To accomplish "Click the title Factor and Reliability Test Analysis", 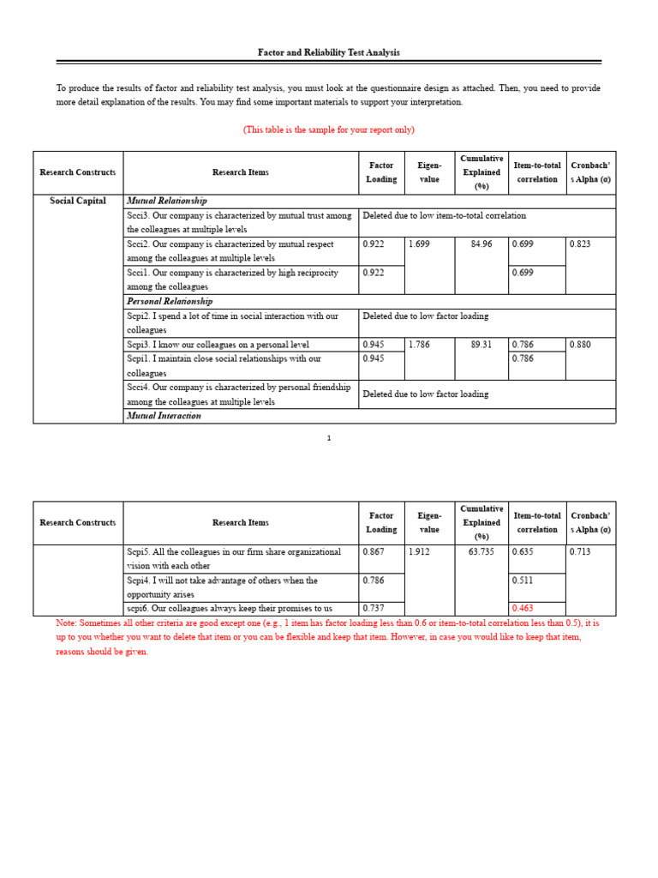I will tap(329, 53).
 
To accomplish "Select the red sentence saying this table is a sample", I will tap(329, 129).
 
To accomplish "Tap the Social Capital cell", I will tap(78, 201).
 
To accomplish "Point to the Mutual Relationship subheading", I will tap(167, 201).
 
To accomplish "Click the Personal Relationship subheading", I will tap(170, 302).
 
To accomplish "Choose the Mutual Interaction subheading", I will tap(164, 416).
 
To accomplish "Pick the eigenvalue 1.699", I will tap(420, 244).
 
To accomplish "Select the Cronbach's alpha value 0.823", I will tap(581, 244).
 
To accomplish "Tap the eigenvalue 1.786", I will tap(420, 345).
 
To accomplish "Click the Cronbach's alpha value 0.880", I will tap(581, 345).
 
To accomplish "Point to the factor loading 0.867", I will tap(374, 552).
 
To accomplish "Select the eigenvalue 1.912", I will tap(420, 552).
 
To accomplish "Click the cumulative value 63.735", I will tap(482, 552).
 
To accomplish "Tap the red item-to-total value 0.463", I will tap(523, 609).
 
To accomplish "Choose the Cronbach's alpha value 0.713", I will tap(581, 552).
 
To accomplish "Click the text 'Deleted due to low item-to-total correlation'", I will tap(444, 216).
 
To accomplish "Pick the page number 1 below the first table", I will tap(329, 438).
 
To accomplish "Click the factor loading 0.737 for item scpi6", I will tap(374, 609).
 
